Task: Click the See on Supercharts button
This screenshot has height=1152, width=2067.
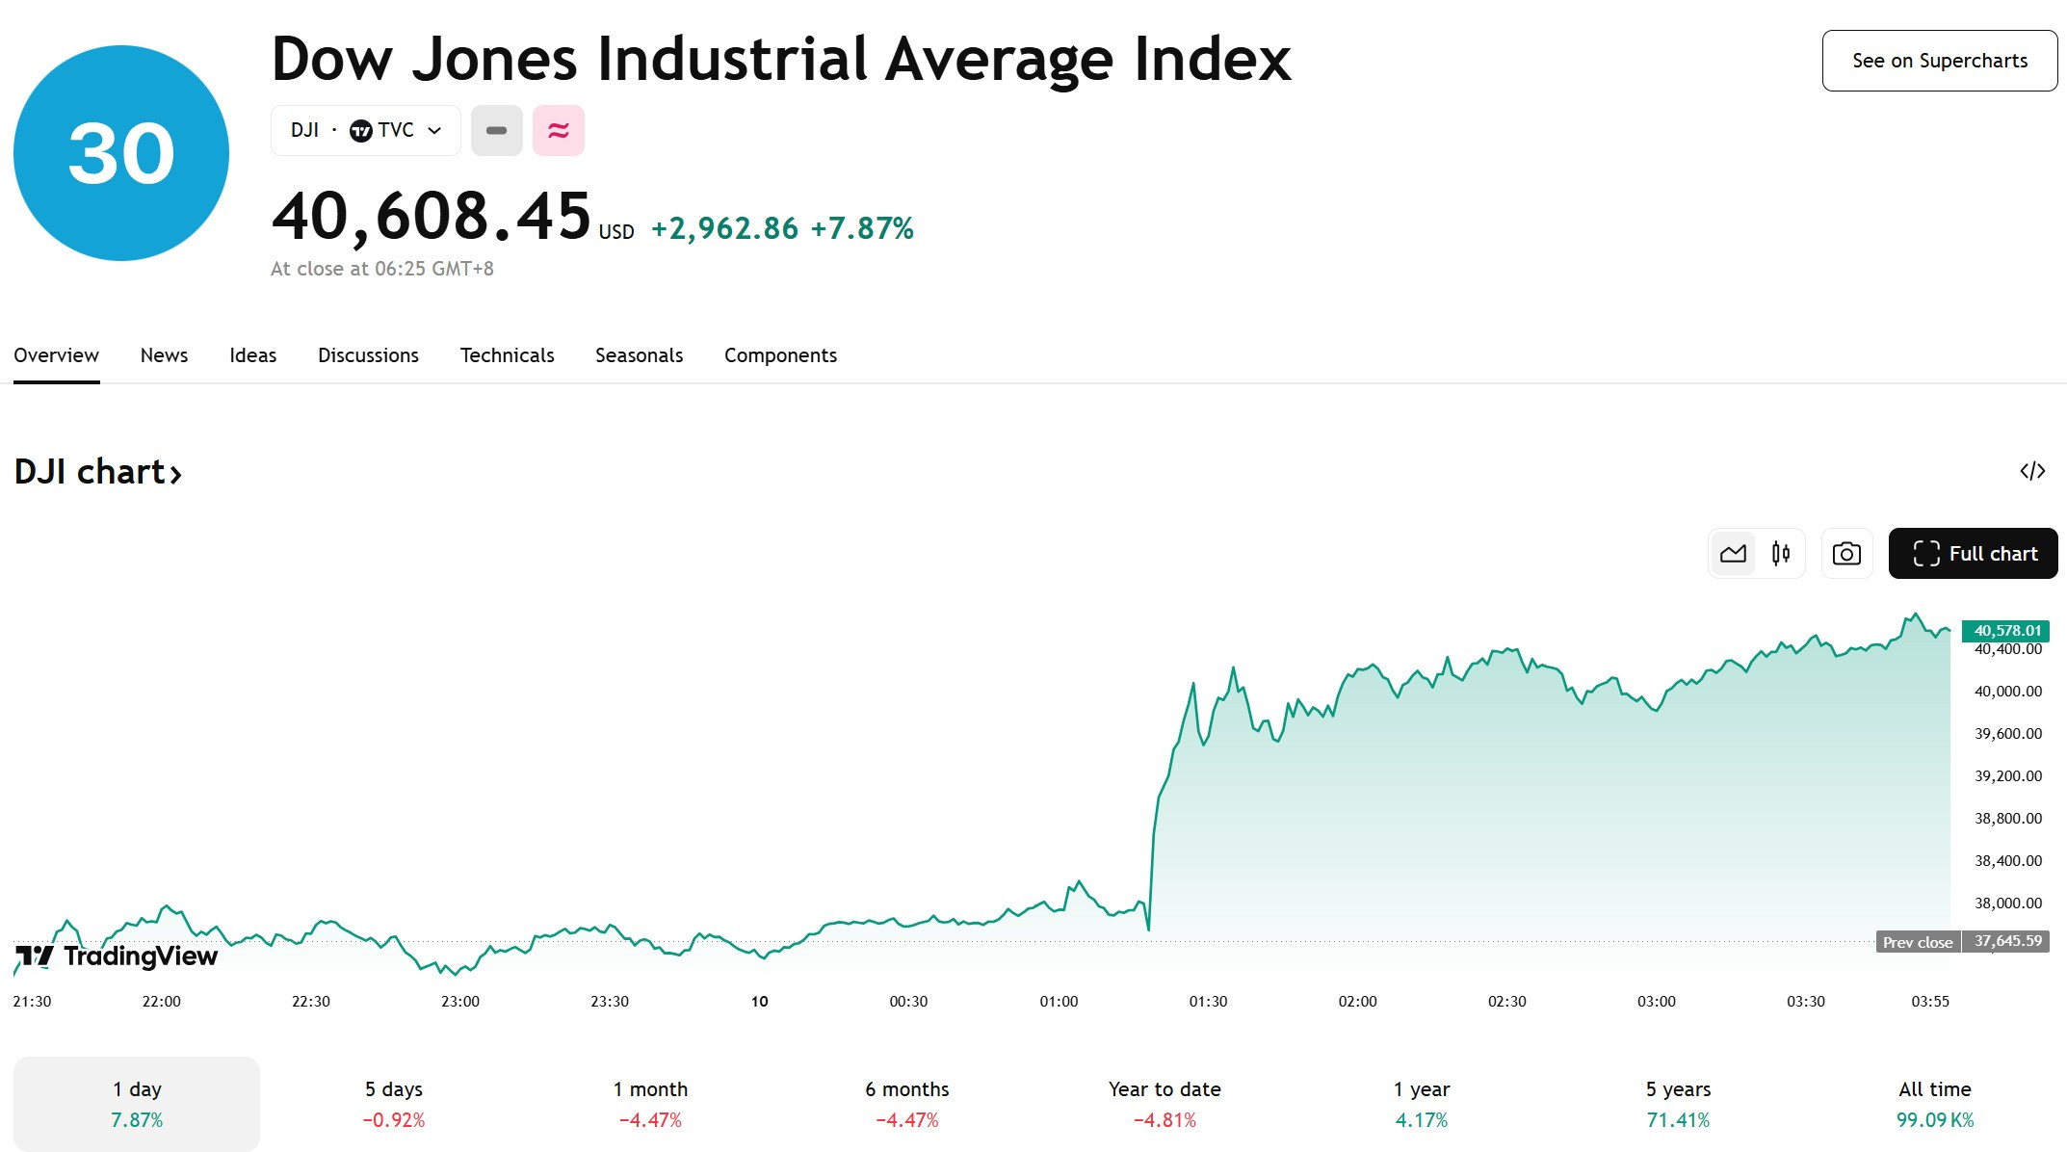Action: [x=1939, y=61]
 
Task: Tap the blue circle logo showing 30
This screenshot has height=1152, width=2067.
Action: [x=121, y=153]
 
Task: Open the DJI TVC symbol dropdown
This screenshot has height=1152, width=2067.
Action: [x=366, y=130]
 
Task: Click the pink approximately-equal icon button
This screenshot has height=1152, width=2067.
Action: [x=559, y=130]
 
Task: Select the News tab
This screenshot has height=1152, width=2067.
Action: [x=164, y=355]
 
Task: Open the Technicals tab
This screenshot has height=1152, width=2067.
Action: [x=507, y=355]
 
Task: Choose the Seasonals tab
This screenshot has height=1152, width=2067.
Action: [x=639, y=355]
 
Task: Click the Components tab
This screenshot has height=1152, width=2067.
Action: [x=780, y=355]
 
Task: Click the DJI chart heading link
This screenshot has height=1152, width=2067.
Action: [x=98, y=472]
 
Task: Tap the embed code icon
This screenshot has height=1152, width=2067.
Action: [x=2032, y=471]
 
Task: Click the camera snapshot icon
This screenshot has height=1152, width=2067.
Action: [x=1846, y=554]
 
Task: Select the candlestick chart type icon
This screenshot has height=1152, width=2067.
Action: [x=1781, y=554]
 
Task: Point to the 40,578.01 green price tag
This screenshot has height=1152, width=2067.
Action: [x=2006, y=631]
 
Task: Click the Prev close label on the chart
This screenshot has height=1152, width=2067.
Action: [x=1918, y=942]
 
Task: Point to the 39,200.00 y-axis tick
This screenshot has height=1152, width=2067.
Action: [x=2008, y=775]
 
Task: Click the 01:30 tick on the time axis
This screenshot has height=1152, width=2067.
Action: [x=1208, y=1002]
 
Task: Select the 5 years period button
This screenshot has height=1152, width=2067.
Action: [x=1678, y=1104]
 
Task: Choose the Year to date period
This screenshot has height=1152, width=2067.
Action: [x=1164, y=1104]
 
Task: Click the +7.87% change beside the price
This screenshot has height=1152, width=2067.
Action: [x=862, y=228]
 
